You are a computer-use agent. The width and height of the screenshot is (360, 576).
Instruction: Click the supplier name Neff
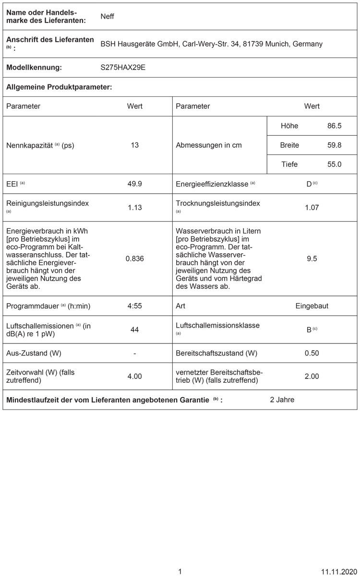pyautogui.click(x=107, y=16)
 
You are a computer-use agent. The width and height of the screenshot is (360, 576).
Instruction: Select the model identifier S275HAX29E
pyautogui.click(x=123, y=68)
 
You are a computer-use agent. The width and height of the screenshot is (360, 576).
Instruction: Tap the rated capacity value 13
pyautogui.click(x=135, y=145)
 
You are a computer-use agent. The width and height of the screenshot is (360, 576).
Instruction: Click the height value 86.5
pyautogui.click(x=334, y=126)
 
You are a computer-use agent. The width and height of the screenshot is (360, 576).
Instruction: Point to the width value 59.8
pyautogui.click(x=334, y=145)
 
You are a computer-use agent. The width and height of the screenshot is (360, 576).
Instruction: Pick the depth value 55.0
pyautogui.click(x=334, y=165)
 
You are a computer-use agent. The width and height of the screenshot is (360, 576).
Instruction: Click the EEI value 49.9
pyautogui.click(x=135, y=184)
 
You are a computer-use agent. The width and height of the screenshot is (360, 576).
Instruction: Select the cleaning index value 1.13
pyautogui.click(x=135, y=208)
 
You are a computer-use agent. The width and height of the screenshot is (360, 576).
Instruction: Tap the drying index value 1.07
pyautogui.click(x=312, y=208)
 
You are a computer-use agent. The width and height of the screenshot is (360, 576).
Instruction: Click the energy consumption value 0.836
pyautogui.click(x=135, y=259)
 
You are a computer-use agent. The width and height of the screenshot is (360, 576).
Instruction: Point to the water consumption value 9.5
pyautogui.click(x=312, y=259)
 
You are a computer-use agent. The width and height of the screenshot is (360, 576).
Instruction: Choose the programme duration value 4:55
pyautogui.click(x=135, y=306)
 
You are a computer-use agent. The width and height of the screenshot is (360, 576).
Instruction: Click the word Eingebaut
pyautogui.click(x=312, y=306)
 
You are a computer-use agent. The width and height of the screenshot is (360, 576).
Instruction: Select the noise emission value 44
pyautogui.click(x=135, y=329)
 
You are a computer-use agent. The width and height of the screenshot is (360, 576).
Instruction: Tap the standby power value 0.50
pyautogui.click(x=312, y=353)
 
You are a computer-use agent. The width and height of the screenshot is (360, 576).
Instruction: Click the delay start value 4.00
pyautogui.click(x=135, y=376)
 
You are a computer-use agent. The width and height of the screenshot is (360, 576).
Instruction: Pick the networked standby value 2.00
pyautogui.click(x=312, y=376)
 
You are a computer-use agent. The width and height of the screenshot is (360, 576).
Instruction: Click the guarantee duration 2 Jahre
pyautogui.click(x=282, y=400)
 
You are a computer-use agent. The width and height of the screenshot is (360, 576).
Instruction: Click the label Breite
pyautogui.click(x=289, y=145)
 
